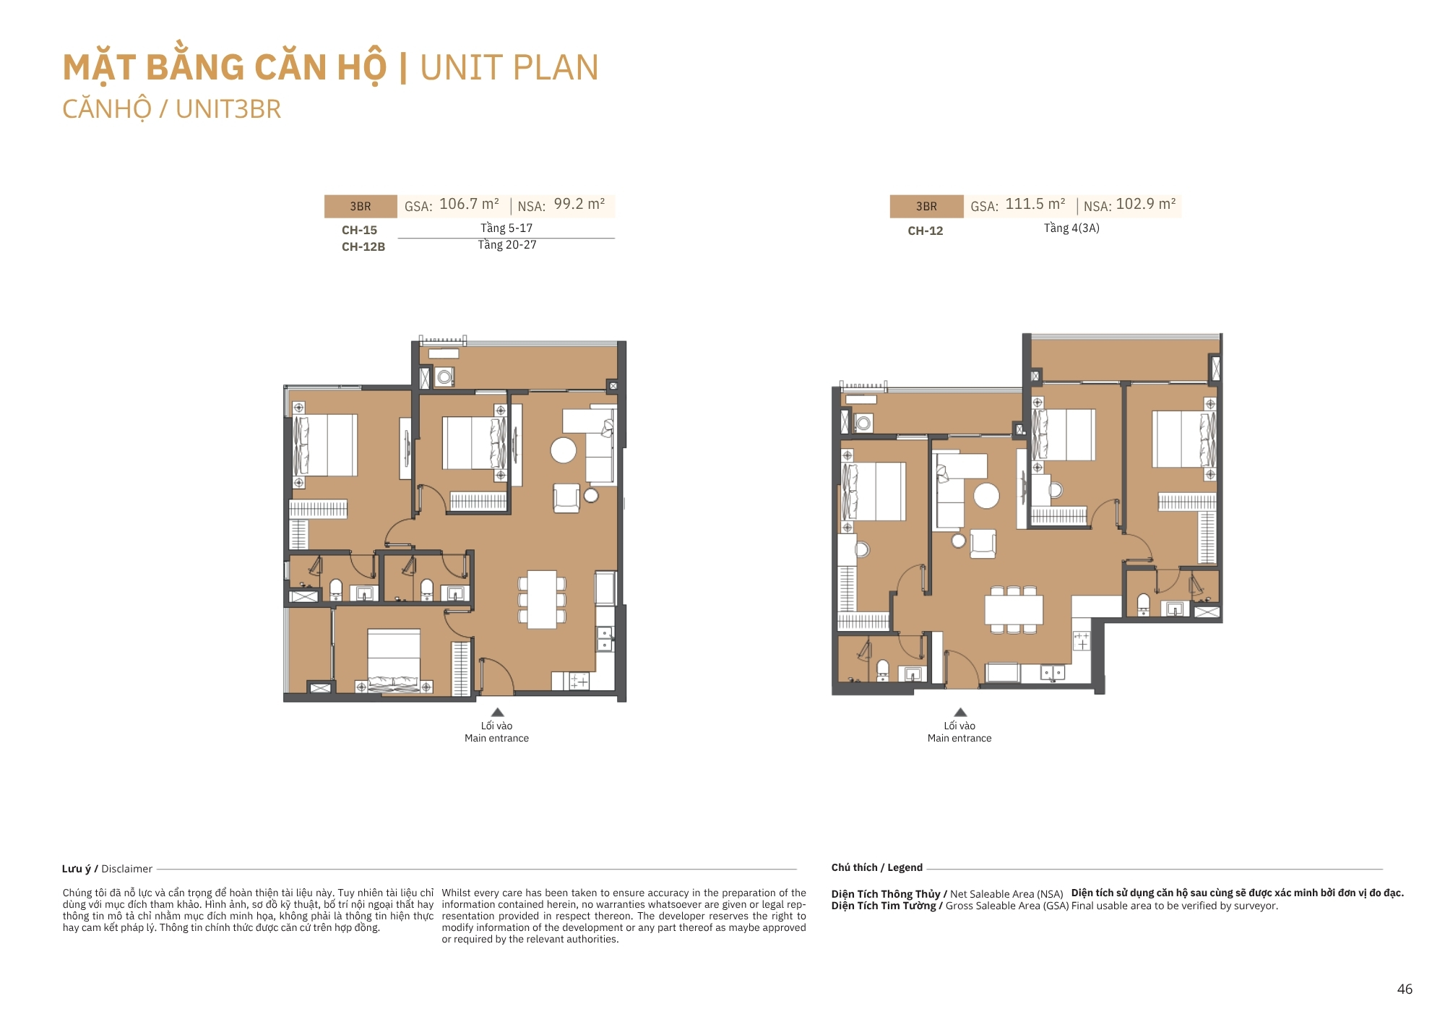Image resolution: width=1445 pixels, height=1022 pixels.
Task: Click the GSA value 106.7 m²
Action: (x=469, y=205)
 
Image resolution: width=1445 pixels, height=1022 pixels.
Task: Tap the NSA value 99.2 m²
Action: (x=579, y=205)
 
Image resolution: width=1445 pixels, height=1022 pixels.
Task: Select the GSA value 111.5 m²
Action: (x=1035, y=205)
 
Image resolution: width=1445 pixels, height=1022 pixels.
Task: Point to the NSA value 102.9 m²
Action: (x=1146, y=205)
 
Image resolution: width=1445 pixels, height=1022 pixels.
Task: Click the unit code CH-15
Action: (x=359, y=230)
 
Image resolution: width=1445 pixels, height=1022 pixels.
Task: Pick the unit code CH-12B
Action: (x=363, y=246)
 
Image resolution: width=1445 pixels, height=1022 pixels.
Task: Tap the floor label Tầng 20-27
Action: (x=507, y=245)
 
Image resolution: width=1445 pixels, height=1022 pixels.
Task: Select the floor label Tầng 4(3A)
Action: (x=1071, y=228)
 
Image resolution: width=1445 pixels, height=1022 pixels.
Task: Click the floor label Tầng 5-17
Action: (x=506, y=228)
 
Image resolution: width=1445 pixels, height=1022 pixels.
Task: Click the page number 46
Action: (x=1405, y=989)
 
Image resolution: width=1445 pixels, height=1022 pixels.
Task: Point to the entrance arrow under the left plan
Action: (x=497, y=713)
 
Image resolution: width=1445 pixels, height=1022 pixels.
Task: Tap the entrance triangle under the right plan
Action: (x=960, y=713)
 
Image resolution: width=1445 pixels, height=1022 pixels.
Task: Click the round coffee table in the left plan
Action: (x=564, y=450)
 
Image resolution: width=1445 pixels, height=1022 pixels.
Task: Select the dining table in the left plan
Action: (x=542, y=599)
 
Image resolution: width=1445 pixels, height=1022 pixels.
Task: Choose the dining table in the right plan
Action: (x=1014, y=609)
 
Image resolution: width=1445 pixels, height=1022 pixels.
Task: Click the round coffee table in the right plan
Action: (x=986, y=496)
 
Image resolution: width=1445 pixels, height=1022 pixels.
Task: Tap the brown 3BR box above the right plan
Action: (x=926, y=206)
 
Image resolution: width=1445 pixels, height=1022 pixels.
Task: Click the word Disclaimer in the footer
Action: (x=126, y=869)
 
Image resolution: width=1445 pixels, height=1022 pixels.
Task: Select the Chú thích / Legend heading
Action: (x=877, y=867)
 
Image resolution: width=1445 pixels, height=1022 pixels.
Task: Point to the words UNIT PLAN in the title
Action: (x=509, y=68)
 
